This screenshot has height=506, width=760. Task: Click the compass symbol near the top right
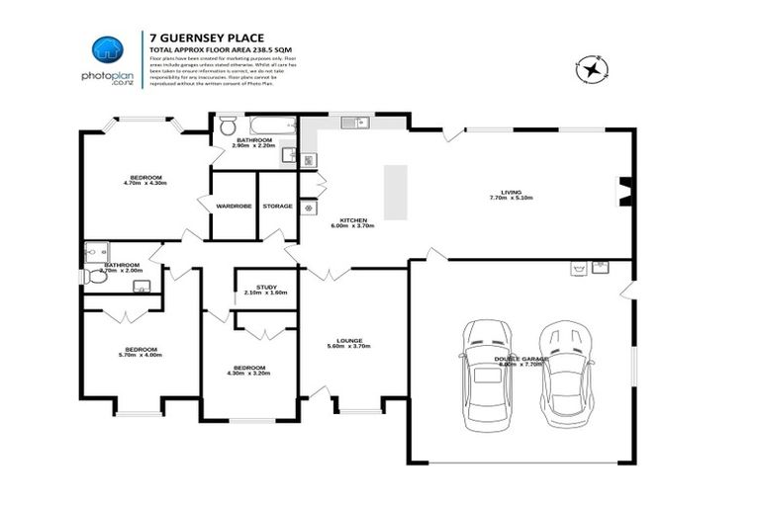coord(591,69)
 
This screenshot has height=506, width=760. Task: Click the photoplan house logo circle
coord(108,52)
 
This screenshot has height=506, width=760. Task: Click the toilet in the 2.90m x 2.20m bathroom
coord(227,126)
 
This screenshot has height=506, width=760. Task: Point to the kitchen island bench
coord(395,192)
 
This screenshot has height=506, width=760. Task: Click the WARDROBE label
coord(233,206)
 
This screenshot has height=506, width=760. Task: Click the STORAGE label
coord(277,206)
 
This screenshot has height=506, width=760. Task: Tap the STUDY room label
coord(265,287)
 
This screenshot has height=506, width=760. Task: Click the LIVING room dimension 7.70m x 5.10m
coord(511,198)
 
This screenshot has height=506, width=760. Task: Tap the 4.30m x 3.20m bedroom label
coord(246,374)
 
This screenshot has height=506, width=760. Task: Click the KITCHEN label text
coord(353,220)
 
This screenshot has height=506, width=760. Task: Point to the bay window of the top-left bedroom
coord(131,125)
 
